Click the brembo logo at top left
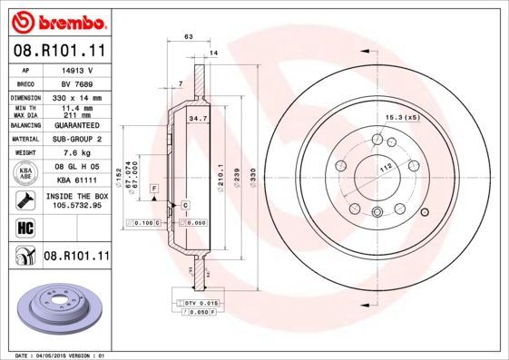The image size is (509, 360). [56, 20]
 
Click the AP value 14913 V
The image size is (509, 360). [78, 69]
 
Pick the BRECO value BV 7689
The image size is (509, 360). [78, 82]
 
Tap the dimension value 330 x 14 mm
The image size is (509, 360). [79, 96]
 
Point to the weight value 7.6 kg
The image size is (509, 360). [79, 153]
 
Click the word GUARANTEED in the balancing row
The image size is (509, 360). [79, 125]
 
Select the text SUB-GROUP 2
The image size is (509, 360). [79, 139]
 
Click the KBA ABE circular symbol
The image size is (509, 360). [26, 173]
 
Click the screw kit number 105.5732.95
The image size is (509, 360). [79, 205]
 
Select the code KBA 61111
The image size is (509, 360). [79, 180]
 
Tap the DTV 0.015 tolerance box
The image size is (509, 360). [201, 302]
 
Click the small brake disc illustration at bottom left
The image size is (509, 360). [56, 307]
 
